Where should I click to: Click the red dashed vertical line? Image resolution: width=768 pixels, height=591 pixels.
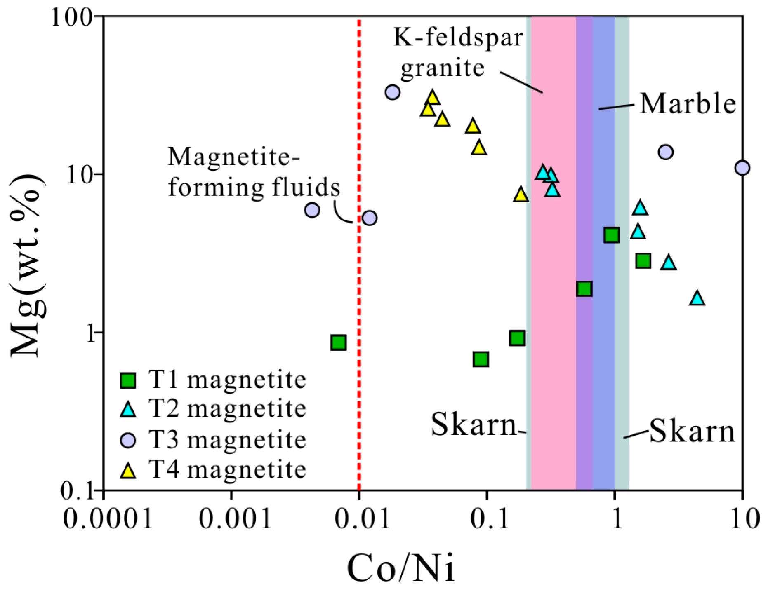pos(359,288)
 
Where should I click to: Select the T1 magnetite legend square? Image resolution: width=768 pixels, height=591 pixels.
pos(128,380)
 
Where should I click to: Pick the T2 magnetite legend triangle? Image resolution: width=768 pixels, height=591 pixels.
pos(128,410)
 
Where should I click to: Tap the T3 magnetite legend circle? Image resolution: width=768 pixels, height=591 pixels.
pos(128,440)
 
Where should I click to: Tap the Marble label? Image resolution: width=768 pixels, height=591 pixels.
pos(688,103)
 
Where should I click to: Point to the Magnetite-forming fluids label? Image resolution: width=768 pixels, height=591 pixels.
pos(254,172)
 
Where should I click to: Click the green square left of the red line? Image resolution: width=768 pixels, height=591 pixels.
pos(338,342)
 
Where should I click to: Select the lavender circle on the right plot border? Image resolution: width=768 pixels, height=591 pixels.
pos(742,168)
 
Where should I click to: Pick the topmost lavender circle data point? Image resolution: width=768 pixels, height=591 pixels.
pos(392,92)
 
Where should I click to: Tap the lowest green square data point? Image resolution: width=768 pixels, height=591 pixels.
pos(481,359)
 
